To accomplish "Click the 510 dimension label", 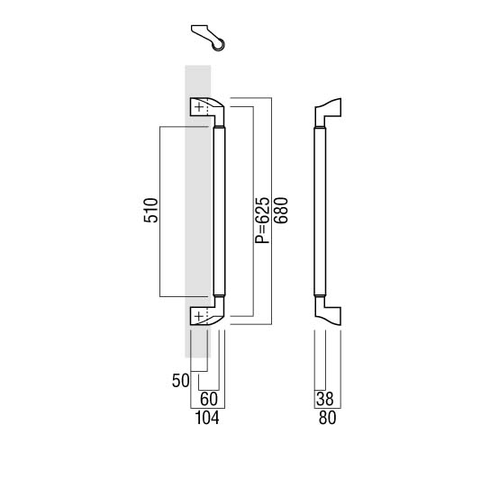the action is [x=151, y=210].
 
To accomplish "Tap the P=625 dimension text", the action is [x=262, y=221].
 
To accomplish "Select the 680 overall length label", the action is [x=280, y=211].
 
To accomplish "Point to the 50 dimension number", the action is [x=181, y=381].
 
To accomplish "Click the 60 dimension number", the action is [x=209, y=399].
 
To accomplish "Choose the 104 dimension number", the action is [x=207, y=418].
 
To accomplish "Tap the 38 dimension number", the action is [x=324, y=399].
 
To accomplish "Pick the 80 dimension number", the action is [x=328, y=418].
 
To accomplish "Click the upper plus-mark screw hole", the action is [x=199, y=107].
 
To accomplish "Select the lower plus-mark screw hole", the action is [x=199, y=317].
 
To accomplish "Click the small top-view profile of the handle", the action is [x=207, y=38].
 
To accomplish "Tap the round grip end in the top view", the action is [x=219, y=45].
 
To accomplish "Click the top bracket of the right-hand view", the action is [x=328, y=113].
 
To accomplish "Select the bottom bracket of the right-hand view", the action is [x=328, y=311].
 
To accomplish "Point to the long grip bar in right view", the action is [x=320, y=212].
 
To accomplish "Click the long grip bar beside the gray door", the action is [x=219, y=212].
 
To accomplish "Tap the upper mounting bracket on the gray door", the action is [x=207, y=112].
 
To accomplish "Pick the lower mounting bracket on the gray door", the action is [x=207, y=311].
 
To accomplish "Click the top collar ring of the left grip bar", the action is [x=219, y=128].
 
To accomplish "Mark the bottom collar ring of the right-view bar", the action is [x=320, y=295].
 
